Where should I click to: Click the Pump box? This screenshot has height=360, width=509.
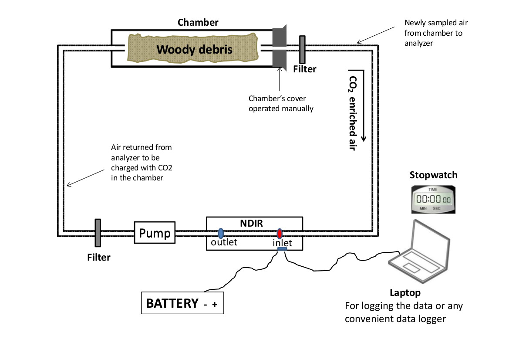(x=155, y=233)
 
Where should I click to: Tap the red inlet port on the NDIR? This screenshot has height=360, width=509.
(x=279, y=233)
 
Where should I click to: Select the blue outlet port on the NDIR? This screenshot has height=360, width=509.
(x=221, y=233)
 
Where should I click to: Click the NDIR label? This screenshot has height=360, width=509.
(x=253, y=223)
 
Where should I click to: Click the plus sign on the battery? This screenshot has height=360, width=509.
(x=214, y=305)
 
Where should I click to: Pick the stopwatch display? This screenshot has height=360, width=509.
(x=434, y=199)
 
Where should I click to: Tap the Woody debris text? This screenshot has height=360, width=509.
(x=194, y=49)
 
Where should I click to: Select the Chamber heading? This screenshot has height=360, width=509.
(x=198, y=22)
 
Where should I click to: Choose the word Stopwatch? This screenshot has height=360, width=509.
(x=434, y=175)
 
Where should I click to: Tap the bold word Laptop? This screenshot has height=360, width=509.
(x=405, y=292)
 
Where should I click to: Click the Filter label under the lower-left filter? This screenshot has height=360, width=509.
(x=99, y=257)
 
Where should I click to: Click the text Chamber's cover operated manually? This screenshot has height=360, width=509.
(x=281, y=103)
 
